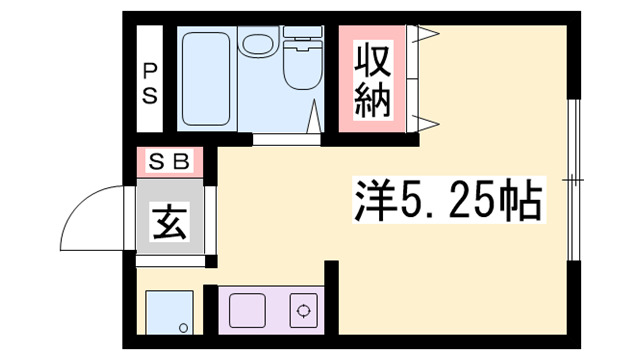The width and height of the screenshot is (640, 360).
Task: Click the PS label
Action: coord(149,83)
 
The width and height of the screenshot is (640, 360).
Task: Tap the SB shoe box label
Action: coord(170,160)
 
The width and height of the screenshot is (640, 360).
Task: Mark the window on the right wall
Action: coord(573,180)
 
